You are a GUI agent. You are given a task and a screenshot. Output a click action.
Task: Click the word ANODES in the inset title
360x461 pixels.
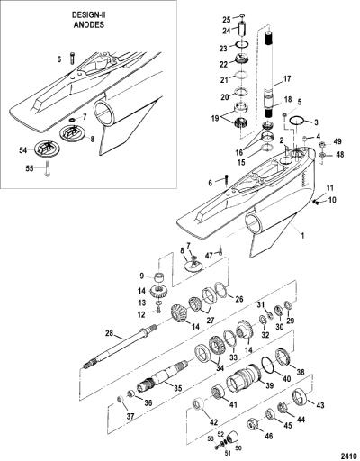(89, 25)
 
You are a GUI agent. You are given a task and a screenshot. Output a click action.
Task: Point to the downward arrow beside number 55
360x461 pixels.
(47, 168)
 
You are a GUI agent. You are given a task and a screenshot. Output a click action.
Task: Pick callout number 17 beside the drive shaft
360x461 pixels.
(287, 79)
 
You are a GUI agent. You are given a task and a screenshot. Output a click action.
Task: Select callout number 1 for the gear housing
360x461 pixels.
(302, 236)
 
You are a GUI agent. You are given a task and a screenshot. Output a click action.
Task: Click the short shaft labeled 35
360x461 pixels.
(162, 377)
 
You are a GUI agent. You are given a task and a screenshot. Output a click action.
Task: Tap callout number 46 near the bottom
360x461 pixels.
(269, 436)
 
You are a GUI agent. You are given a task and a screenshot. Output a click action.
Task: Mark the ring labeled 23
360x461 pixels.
(242, 44)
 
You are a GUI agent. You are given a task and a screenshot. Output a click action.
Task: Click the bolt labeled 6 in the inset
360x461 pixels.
(72, 58)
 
